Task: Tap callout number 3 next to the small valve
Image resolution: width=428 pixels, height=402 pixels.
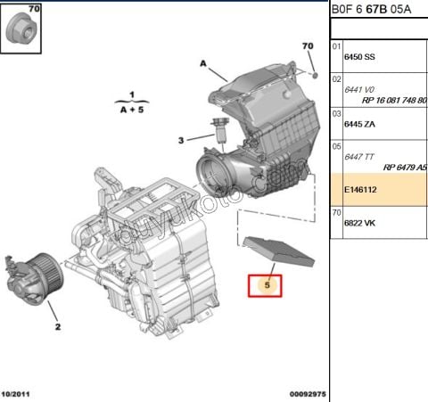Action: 180,140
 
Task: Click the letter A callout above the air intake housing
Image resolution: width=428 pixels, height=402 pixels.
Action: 203,64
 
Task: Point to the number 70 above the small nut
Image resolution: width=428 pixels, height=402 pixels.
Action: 308,45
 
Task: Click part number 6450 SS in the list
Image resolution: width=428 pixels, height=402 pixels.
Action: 359,56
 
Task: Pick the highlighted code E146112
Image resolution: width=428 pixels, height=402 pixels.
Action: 362,190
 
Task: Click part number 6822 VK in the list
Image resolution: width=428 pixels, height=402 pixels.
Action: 359,223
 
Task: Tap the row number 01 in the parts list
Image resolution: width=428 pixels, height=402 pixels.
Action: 336,45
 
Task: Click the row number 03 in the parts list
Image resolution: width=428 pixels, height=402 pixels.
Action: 336,113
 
